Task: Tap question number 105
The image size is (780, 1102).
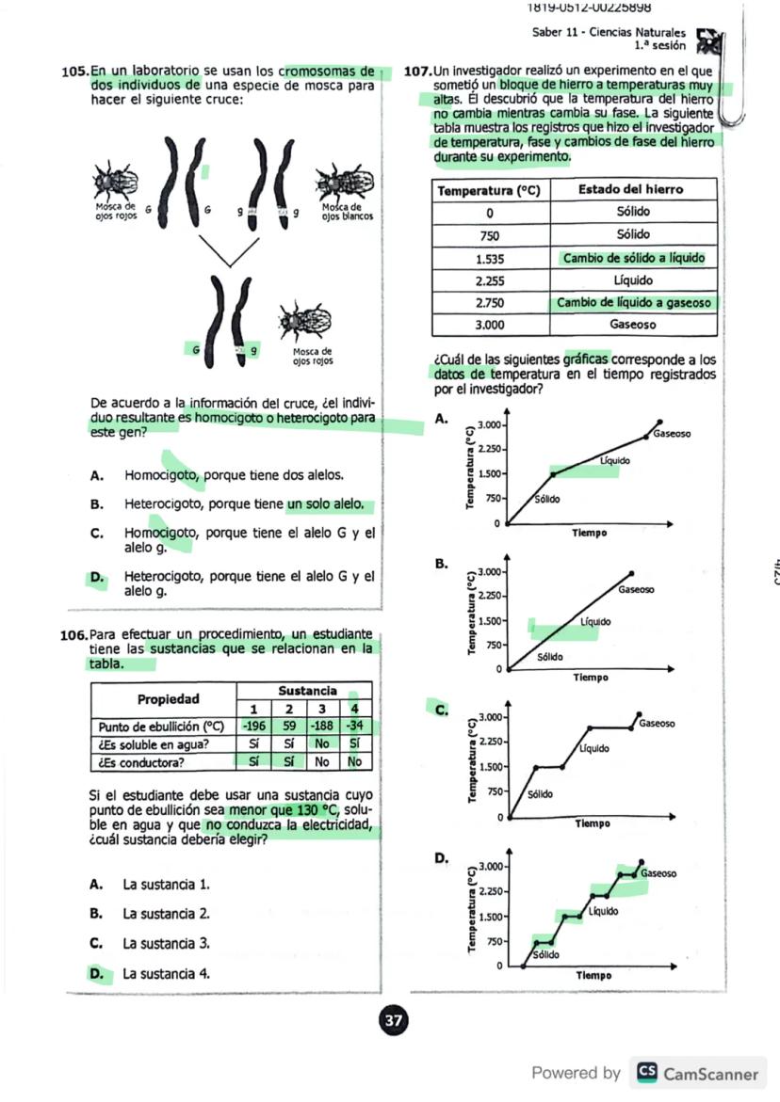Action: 74,72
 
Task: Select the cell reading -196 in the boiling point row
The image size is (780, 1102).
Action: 252,727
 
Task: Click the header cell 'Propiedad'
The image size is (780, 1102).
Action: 169,699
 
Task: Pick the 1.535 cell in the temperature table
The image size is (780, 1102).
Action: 490,258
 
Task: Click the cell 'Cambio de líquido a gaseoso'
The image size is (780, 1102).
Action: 632,303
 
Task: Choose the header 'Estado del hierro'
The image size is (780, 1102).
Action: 631,189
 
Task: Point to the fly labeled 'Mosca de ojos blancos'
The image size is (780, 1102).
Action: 345,181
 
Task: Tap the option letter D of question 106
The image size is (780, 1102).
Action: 95,973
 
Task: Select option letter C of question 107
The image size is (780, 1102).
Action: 440,710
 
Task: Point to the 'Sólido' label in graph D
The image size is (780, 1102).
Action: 545,954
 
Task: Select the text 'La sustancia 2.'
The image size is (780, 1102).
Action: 166,913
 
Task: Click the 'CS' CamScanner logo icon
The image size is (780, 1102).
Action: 647,1073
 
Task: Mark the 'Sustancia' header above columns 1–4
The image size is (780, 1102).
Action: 304,691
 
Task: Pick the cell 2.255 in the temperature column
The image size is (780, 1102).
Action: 490,280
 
